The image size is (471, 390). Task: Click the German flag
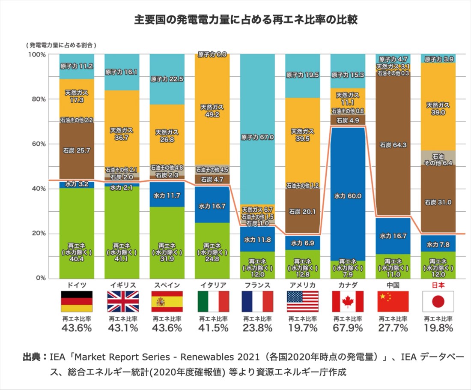[77, 301]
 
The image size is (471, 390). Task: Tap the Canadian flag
[348, 301]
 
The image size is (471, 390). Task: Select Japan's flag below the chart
[438, 301]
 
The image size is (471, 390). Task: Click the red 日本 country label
[438, 285]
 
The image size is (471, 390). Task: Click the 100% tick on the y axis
[36, 54]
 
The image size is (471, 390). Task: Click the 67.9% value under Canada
[348, 328]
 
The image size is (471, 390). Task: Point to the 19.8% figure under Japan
[438, 328]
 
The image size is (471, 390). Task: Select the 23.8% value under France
[257, 328]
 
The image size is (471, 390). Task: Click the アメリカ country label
[303, 285]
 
